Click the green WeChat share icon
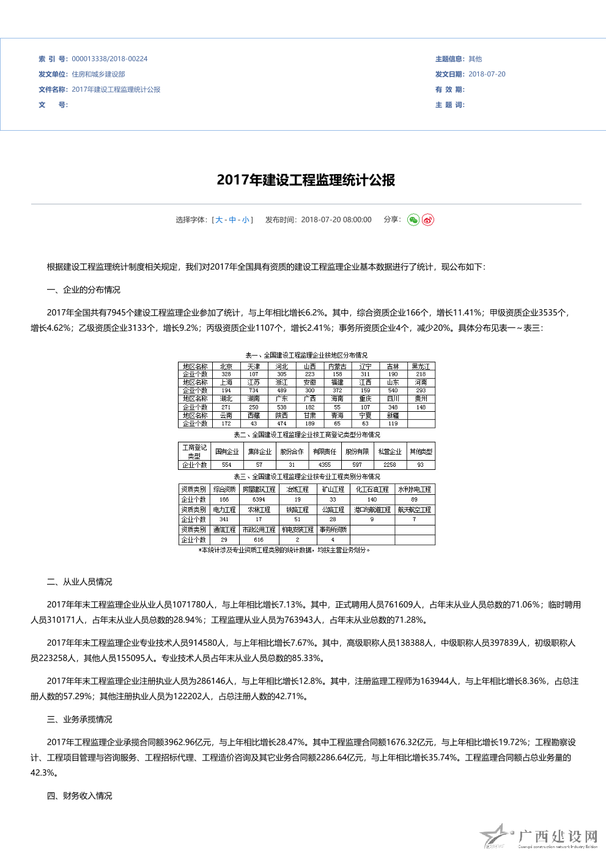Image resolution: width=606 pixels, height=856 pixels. (413, 220)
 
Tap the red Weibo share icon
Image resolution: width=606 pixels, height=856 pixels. (428, 220)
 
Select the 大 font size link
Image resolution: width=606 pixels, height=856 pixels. (219, 220)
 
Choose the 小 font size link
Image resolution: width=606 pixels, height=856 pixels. (245, 220)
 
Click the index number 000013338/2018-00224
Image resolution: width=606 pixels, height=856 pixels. (109, 59)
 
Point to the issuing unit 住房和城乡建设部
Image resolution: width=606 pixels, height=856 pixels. (98, 75)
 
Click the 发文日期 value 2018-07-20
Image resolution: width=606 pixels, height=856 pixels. (487, 75)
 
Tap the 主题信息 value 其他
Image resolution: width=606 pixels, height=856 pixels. (475, 59)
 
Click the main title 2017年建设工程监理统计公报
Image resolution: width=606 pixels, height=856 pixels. (306, 180)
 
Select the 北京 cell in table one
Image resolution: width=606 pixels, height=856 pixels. (226, 367)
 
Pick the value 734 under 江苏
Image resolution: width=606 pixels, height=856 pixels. (254, 390)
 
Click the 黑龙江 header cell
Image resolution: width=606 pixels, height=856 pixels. (421, 367)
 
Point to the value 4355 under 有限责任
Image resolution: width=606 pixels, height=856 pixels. (325, 465)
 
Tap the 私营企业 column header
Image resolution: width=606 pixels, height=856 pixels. (390, 452)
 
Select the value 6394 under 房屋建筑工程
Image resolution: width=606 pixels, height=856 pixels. (259, 500)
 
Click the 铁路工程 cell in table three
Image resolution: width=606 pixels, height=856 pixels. (298, 510)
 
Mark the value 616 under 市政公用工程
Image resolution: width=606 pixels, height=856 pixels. (259, 540)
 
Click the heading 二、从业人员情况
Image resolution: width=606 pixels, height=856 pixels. (79, 582)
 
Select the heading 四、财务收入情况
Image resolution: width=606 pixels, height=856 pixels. (79, 796)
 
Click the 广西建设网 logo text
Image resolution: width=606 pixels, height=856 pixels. (557, 836)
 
